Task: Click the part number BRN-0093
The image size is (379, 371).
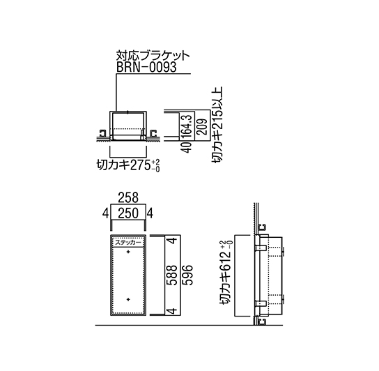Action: [x=146, y=67]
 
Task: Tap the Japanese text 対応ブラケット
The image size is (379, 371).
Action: [x=153, y=56]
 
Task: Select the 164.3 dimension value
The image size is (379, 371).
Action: [x=187, y=126]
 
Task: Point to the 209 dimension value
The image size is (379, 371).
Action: [x=202, y=126]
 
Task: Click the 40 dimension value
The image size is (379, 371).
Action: [x=187, y=147]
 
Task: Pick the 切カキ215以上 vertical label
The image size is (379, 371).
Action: [x=217, y=125]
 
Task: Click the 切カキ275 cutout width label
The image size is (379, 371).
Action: [x=128, y=166]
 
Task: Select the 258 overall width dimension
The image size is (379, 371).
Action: [x=128, y=198]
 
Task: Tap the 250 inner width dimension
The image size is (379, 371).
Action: [x=128, y=213]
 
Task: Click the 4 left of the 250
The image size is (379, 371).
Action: [x=105, y=213]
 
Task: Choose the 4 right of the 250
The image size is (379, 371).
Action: [x=150, y=213]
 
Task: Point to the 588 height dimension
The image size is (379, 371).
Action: [x=173, y=275]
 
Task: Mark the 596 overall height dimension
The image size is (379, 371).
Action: [x=187, y=275]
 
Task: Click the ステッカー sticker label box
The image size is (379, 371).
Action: [x=128, y=243]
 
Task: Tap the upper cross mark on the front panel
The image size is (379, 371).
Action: [x=128, y=252]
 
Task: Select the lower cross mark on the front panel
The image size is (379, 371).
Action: [x=128, y=300]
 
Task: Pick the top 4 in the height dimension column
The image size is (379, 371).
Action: [x=173, y=241]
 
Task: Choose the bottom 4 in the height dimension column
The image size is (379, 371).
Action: [x=173, y=311]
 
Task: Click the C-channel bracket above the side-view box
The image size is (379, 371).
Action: [x=262, y=227]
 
